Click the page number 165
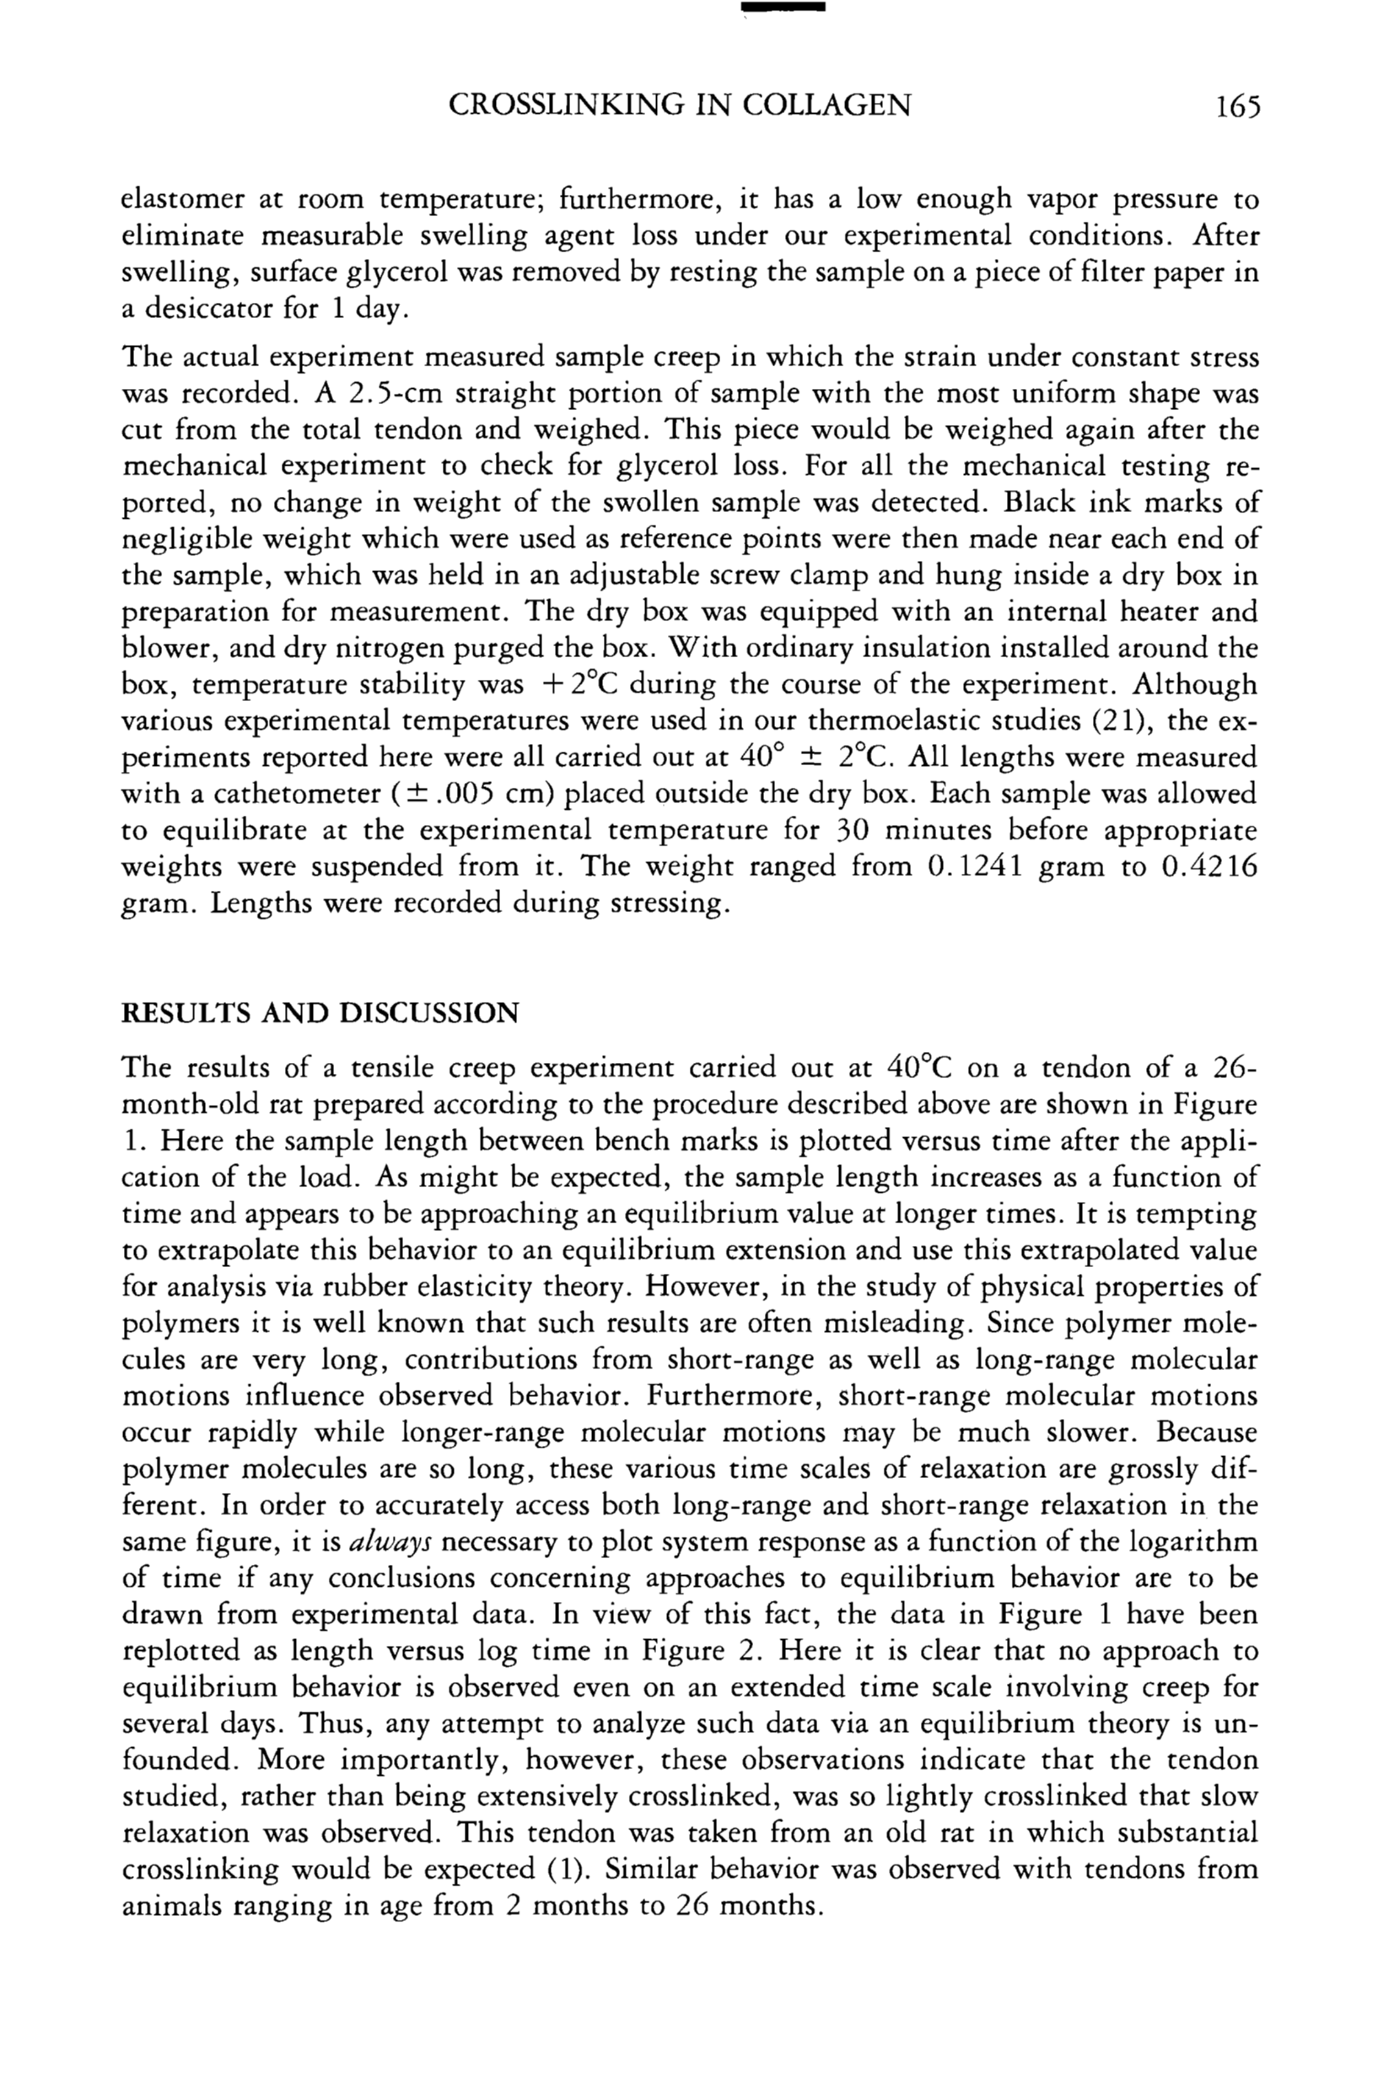tap(1237, 106)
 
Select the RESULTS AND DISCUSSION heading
tap(320, 1013)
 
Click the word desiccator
tap(207, 310)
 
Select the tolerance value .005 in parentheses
tap(447, 795)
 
